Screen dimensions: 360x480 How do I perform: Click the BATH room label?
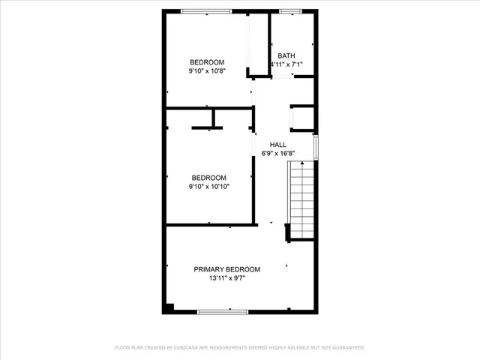(x=286, y=56)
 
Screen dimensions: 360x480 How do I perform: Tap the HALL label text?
(x=278, y=145)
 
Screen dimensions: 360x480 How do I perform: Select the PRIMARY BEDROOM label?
(x=227, y=269)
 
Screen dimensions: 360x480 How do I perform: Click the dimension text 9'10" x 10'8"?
(x=207, y=71)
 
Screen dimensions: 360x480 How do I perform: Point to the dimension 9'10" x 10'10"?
(x=208, y=187)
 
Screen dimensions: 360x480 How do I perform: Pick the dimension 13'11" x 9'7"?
(x=227, y=278)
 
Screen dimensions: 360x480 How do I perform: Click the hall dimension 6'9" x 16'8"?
(x=278, y=154)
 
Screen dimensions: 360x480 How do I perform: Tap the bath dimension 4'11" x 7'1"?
(x=286, y=65)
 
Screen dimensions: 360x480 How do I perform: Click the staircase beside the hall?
(x=301, y=202)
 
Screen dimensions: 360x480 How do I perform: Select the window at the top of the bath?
(x=290, y=10)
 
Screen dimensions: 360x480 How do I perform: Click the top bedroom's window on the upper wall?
(x=206, y=10)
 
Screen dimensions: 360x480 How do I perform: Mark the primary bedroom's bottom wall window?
(x=223, y=311)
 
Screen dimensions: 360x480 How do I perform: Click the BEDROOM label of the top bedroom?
(x=207, y=62)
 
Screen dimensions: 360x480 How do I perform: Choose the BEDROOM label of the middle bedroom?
(x=208, y=178)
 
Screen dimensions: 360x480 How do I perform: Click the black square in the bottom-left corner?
(x=169, y=307)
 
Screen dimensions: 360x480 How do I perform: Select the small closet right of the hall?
(x=302, y=118)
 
